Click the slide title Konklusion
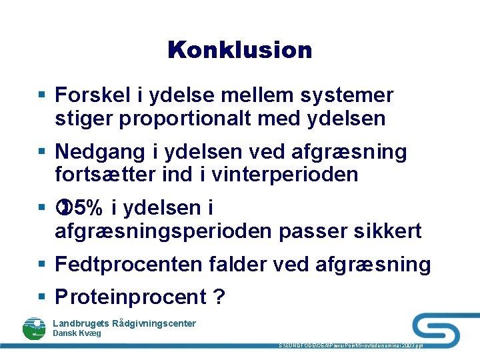coord(240,50)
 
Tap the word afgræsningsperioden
coord(164,231)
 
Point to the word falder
coord(237,265)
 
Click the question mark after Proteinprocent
coord(219,297)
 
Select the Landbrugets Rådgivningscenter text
coord(124,323)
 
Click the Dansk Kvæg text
coord(77,333)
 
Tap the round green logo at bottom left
coord(34,329)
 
